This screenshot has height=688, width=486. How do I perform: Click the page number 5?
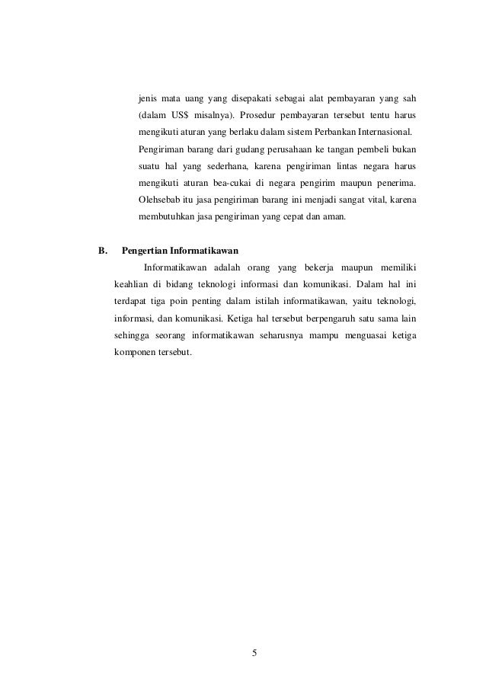pyautogui.click(x=254, y=652)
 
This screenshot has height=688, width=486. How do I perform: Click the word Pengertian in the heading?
pyautogui.click(x=144, y=249)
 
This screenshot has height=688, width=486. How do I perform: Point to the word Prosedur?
pyautogui.click(x=254, y=116)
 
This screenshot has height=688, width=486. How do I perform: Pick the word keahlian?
pyautogui.click(x=130, y=285)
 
